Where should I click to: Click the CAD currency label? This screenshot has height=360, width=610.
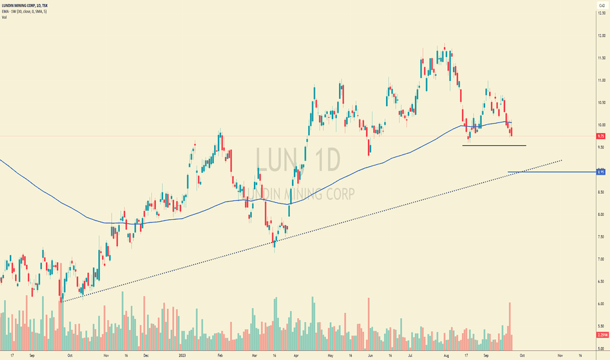tap(600, 6)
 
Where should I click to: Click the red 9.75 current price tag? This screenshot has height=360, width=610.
tap(600, 136)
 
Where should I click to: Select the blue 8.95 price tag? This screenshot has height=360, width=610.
tap(600, 172)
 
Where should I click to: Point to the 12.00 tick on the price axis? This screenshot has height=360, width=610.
tap(600, 35)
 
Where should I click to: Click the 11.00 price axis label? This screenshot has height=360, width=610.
tap(600, 80)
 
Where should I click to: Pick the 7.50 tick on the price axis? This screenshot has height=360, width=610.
tap(600, 237)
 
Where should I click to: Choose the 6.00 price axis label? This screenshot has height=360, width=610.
tap(600, 304)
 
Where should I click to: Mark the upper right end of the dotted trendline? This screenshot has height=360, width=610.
tap(562, 159)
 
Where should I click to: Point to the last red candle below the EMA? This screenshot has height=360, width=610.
tap(511, 132)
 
